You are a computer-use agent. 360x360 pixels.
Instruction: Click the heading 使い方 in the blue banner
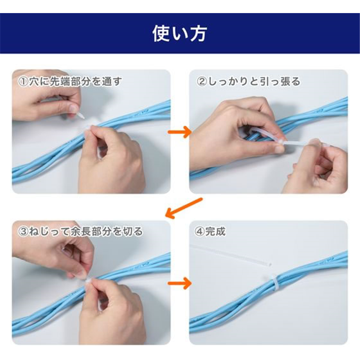(x=180, y=34)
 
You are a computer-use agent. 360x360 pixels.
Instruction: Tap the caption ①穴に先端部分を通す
(x=70, y=82)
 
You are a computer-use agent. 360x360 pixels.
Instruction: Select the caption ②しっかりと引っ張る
(x=248, y=82)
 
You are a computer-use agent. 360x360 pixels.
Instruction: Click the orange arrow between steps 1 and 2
(x=180, y=132)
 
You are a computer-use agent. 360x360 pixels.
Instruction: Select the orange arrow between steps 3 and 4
(x=180, y=283)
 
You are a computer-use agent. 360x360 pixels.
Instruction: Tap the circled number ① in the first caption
(x=23, y=82)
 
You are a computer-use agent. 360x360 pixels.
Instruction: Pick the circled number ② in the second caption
(x=202, y=82)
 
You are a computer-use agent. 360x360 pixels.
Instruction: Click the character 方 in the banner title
(x=198, y=34)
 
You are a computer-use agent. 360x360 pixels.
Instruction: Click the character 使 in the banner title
(x=161, y=34)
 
